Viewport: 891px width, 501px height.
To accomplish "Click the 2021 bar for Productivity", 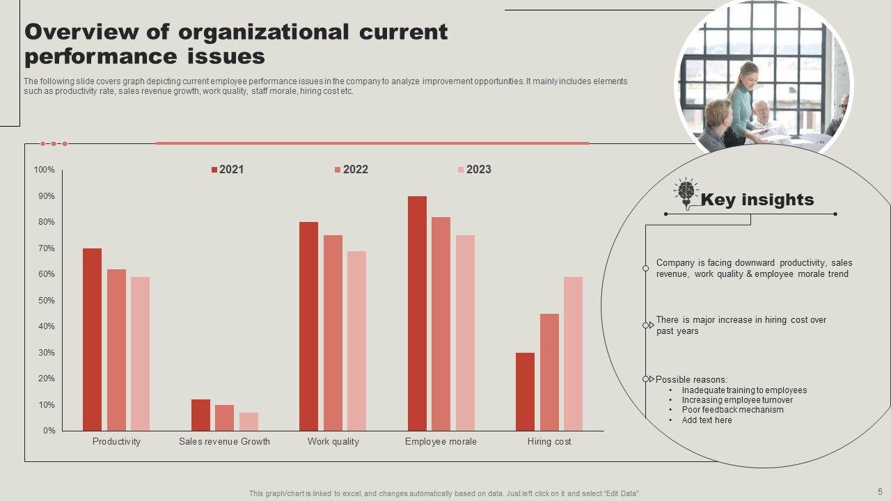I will (92, 340).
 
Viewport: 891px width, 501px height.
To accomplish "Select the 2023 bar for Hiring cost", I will (573, 353).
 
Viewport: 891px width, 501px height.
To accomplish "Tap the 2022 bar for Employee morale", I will (441, 324).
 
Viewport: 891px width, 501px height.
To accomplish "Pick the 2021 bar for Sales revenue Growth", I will (200, 415).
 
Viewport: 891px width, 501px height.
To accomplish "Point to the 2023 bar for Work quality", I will (356, 341).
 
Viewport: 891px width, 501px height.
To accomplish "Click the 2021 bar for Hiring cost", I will (525, 392).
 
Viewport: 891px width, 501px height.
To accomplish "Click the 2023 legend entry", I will (474, 169).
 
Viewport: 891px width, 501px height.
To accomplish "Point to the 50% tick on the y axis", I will (45, 301).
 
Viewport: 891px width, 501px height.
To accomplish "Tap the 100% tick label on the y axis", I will (44, 170).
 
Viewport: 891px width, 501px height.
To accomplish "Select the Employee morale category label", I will (441, 441).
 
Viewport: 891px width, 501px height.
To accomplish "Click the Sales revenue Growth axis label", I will (224, 441).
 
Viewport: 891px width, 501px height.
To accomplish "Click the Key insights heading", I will (757, 200).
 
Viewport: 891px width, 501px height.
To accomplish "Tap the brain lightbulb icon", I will (686, 193).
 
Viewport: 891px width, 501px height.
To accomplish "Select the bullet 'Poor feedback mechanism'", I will (723, 410).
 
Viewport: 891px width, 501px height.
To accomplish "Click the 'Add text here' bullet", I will (707, 420).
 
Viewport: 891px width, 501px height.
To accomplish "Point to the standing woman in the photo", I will (742, 97).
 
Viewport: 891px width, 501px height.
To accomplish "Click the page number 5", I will (879, 491).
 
